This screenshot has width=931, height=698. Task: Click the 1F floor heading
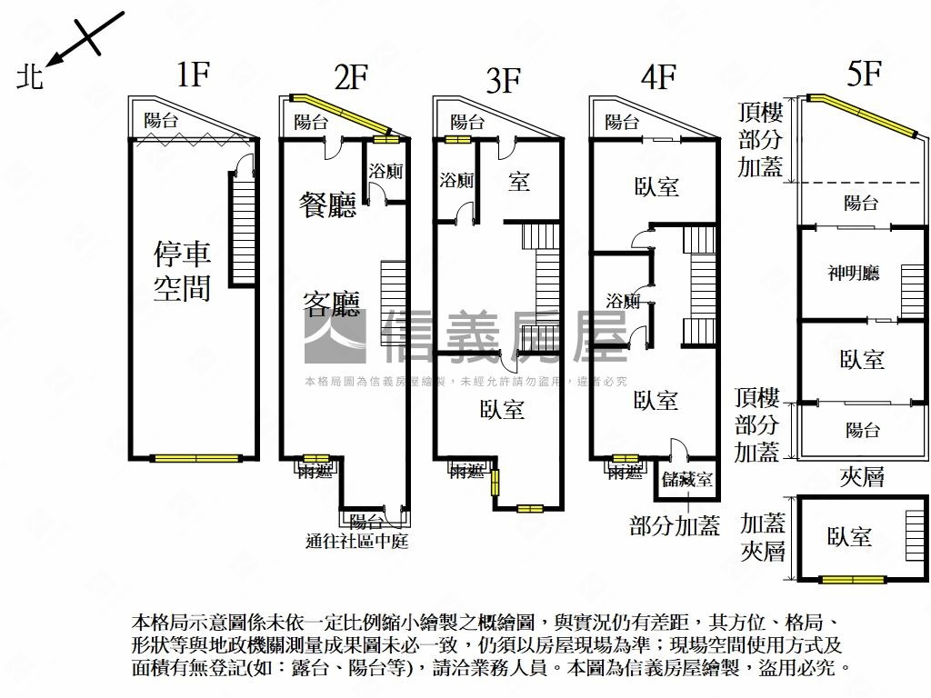[193, 75]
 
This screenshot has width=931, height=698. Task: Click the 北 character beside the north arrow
[30, 77]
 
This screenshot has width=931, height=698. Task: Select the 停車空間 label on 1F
[182, 270]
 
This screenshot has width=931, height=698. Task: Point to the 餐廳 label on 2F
[327, 205]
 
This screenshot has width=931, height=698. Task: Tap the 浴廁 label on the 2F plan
[385, 170]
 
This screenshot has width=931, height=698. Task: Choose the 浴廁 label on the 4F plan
[623, 301]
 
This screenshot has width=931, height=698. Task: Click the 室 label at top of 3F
[518, 182]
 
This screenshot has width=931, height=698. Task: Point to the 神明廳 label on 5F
[853, 273]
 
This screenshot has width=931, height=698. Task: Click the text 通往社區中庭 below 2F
[356, 542]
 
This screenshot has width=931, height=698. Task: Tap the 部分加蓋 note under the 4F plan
[674, 525]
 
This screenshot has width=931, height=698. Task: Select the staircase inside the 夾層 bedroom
[914, 536]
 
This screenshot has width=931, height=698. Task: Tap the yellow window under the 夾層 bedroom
[852, 579]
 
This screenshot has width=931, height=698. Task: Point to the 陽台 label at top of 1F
[161, 120]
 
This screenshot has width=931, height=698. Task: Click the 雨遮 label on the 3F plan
[467, 471]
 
